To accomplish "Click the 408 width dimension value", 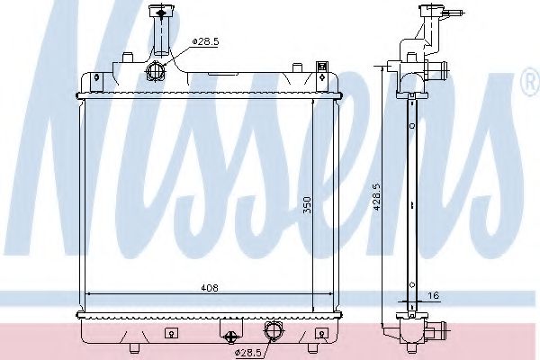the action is (210, 288).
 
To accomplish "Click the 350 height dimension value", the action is (307, 205).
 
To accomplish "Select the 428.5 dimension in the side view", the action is (376, 197).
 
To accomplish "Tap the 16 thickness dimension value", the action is (435, 295).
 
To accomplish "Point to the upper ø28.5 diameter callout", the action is (205, 42).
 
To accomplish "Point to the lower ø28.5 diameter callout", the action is (248, 353).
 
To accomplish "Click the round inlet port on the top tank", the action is (155, 71).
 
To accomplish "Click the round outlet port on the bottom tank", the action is (273, 330).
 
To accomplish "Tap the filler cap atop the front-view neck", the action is (161, 12).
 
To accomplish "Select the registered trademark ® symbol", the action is (533, 81).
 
